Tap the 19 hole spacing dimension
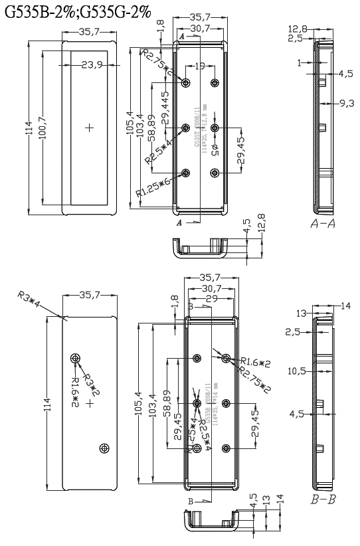(x=200, y=65)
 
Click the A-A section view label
(x=322, y=225)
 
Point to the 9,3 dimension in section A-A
(x=345, y=103)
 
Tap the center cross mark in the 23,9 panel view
(x=90, y=126)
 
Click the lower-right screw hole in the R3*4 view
(x=103, y=449)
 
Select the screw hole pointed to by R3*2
(x=74, y=359)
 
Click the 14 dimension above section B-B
(x=345, y=306)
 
